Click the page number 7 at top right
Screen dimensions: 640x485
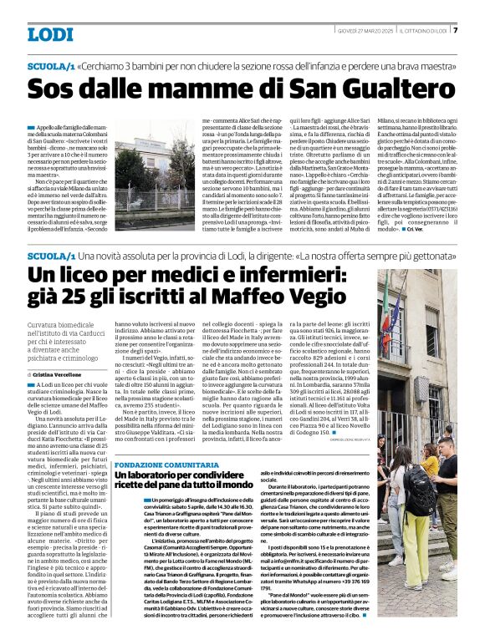click(455, 31)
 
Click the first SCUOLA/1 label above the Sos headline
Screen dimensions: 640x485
click(50, 64)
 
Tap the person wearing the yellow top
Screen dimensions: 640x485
click(430, 468)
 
